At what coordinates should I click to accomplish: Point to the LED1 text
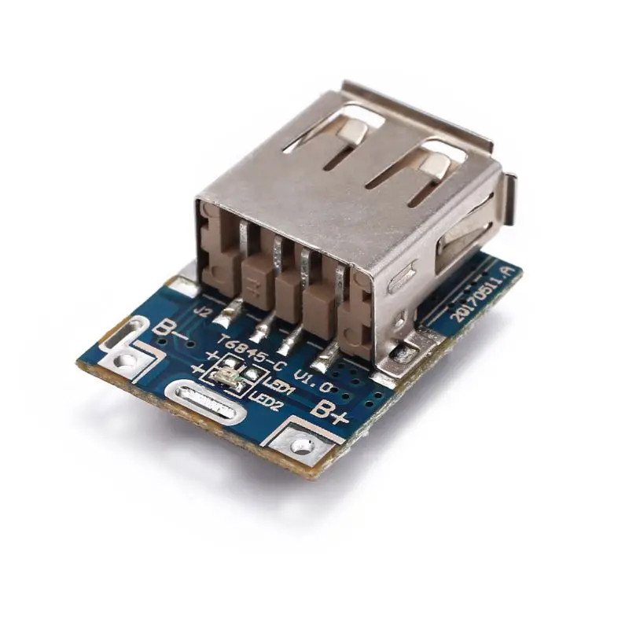point(279,387)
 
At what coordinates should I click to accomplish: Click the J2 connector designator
point(203,311)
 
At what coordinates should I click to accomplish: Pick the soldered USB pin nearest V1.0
point(325,362)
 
